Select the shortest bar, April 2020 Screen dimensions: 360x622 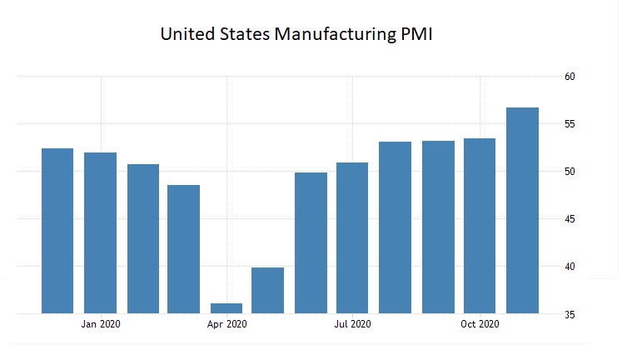(226, 308)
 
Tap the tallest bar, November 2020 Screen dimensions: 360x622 (522, 211)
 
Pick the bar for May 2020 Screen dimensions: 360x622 (268, 291)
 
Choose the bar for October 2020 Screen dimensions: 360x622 (480, 226)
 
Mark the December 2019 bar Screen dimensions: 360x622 (57, 231)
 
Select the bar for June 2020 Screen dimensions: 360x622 (311, 243)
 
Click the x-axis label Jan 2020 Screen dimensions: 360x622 (101, 324)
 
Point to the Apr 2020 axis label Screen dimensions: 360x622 (226, 324)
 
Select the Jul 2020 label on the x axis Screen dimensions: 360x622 (352, 324)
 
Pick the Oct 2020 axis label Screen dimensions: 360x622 (480, 324)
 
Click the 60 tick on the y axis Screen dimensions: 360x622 (570, 77)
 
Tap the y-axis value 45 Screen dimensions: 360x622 (570, 219)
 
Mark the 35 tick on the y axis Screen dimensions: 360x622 (570, 314)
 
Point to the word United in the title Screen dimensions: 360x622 (187, 35)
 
